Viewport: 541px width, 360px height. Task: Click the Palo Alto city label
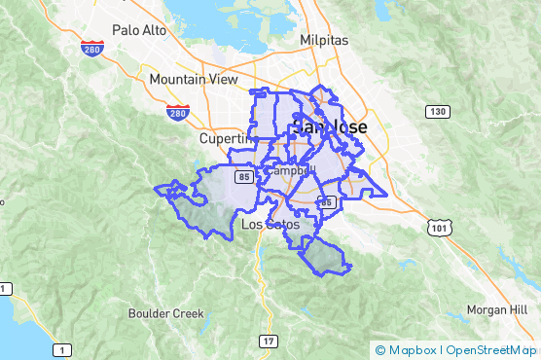coord(139,30)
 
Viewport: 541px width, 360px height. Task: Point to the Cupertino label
coord(226,138)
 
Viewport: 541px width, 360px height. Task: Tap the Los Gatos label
coord(270,225)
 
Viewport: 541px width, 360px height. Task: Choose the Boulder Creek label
coord(166,313)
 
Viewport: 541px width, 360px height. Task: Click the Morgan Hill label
coord(496,309)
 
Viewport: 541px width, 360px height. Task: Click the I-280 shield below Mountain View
coord(177,114)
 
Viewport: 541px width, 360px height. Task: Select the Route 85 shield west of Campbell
coord(243,177)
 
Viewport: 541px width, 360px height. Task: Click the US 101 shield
coord(435,227)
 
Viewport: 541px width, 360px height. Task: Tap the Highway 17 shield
coord(268,341)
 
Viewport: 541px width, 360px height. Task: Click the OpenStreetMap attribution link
coord(490,349)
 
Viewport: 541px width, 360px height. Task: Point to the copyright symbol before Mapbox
coord(380,349)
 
